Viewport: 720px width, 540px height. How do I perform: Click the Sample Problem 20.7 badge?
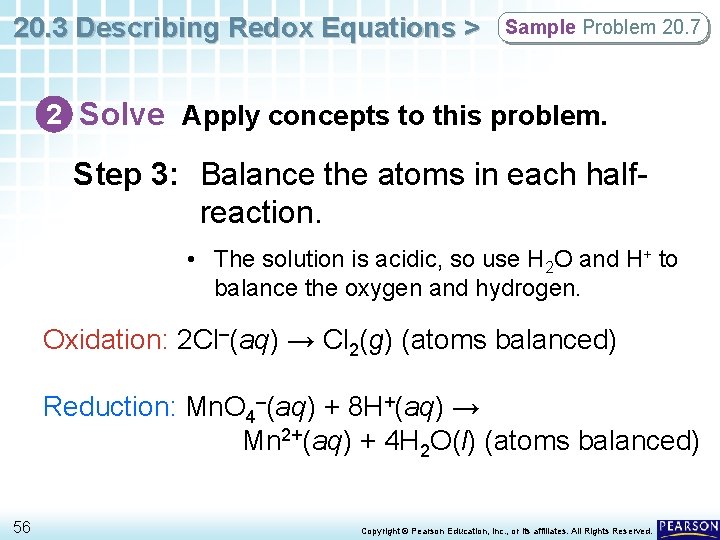604,28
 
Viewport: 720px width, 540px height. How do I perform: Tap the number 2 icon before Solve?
60,115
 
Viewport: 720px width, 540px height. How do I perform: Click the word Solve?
122,115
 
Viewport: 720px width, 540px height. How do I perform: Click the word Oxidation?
102,340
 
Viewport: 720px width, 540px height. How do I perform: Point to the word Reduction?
107,407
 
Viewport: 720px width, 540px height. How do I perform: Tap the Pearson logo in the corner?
688,526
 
